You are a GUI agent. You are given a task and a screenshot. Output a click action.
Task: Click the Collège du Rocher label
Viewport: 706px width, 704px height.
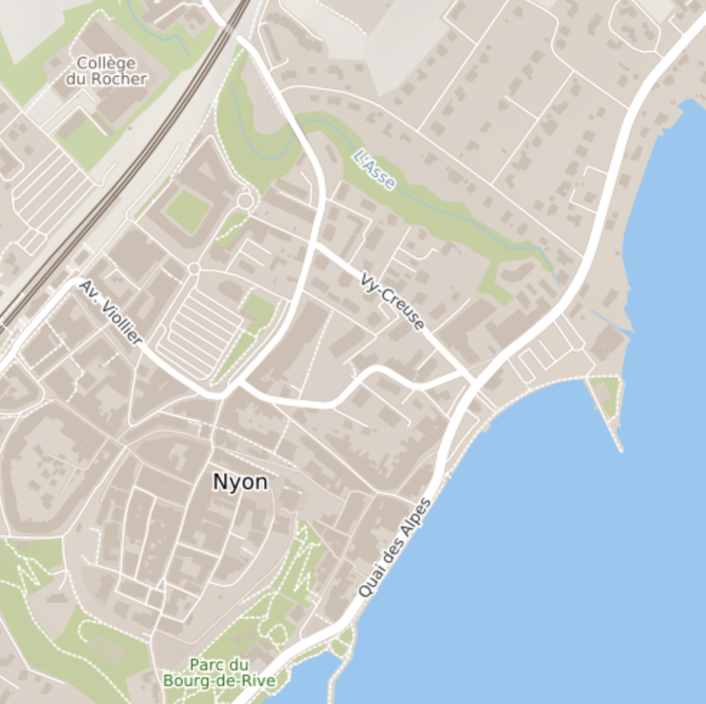[x=106, y=71]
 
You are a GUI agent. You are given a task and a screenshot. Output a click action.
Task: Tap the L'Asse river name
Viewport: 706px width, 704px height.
[x=375, y=170]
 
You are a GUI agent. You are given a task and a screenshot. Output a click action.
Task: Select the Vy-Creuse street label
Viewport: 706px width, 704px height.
[x=392, y=300]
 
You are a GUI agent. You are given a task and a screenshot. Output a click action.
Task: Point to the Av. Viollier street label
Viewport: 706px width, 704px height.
[x=111, y=312]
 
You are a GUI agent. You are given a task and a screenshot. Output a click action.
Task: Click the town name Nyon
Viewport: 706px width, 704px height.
[x=240, y=483]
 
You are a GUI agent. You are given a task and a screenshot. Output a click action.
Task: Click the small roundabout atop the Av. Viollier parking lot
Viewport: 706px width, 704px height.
[x=193, y=269]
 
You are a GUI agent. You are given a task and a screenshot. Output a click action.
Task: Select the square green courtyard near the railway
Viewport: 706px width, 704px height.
[x=188, y=211]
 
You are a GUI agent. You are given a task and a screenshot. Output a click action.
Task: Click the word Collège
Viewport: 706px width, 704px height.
[x=106, y=63]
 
